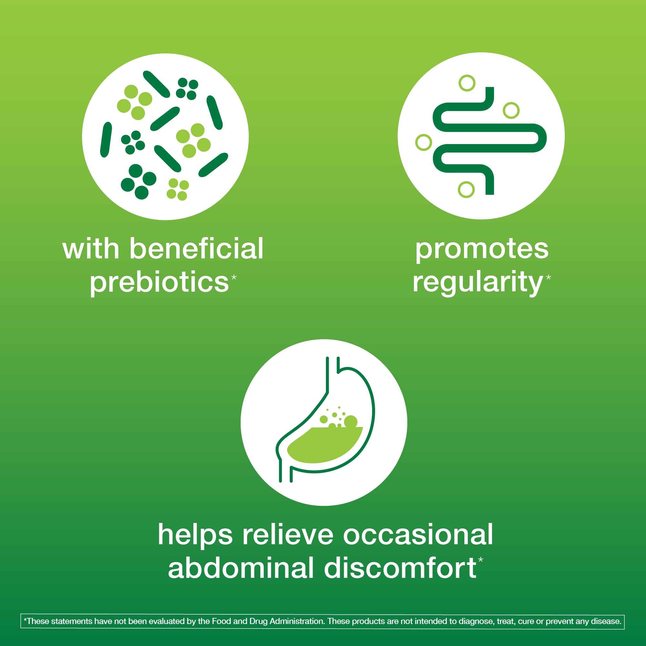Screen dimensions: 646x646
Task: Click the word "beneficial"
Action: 197,248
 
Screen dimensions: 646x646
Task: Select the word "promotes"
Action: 482,250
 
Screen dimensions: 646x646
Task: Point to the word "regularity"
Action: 477,283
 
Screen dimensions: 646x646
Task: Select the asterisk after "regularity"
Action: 548,277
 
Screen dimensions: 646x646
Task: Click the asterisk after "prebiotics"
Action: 234,277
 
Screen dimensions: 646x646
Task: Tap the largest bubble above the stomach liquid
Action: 351,422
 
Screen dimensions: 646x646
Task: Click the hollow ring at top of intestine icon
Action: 467,83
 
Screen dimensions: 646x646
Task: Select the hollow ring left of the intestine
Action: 424,142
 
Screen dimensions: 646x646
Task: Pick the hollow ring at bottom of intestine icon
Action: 466,190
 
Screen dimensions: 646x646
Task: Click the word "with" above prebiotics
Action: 91,248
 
